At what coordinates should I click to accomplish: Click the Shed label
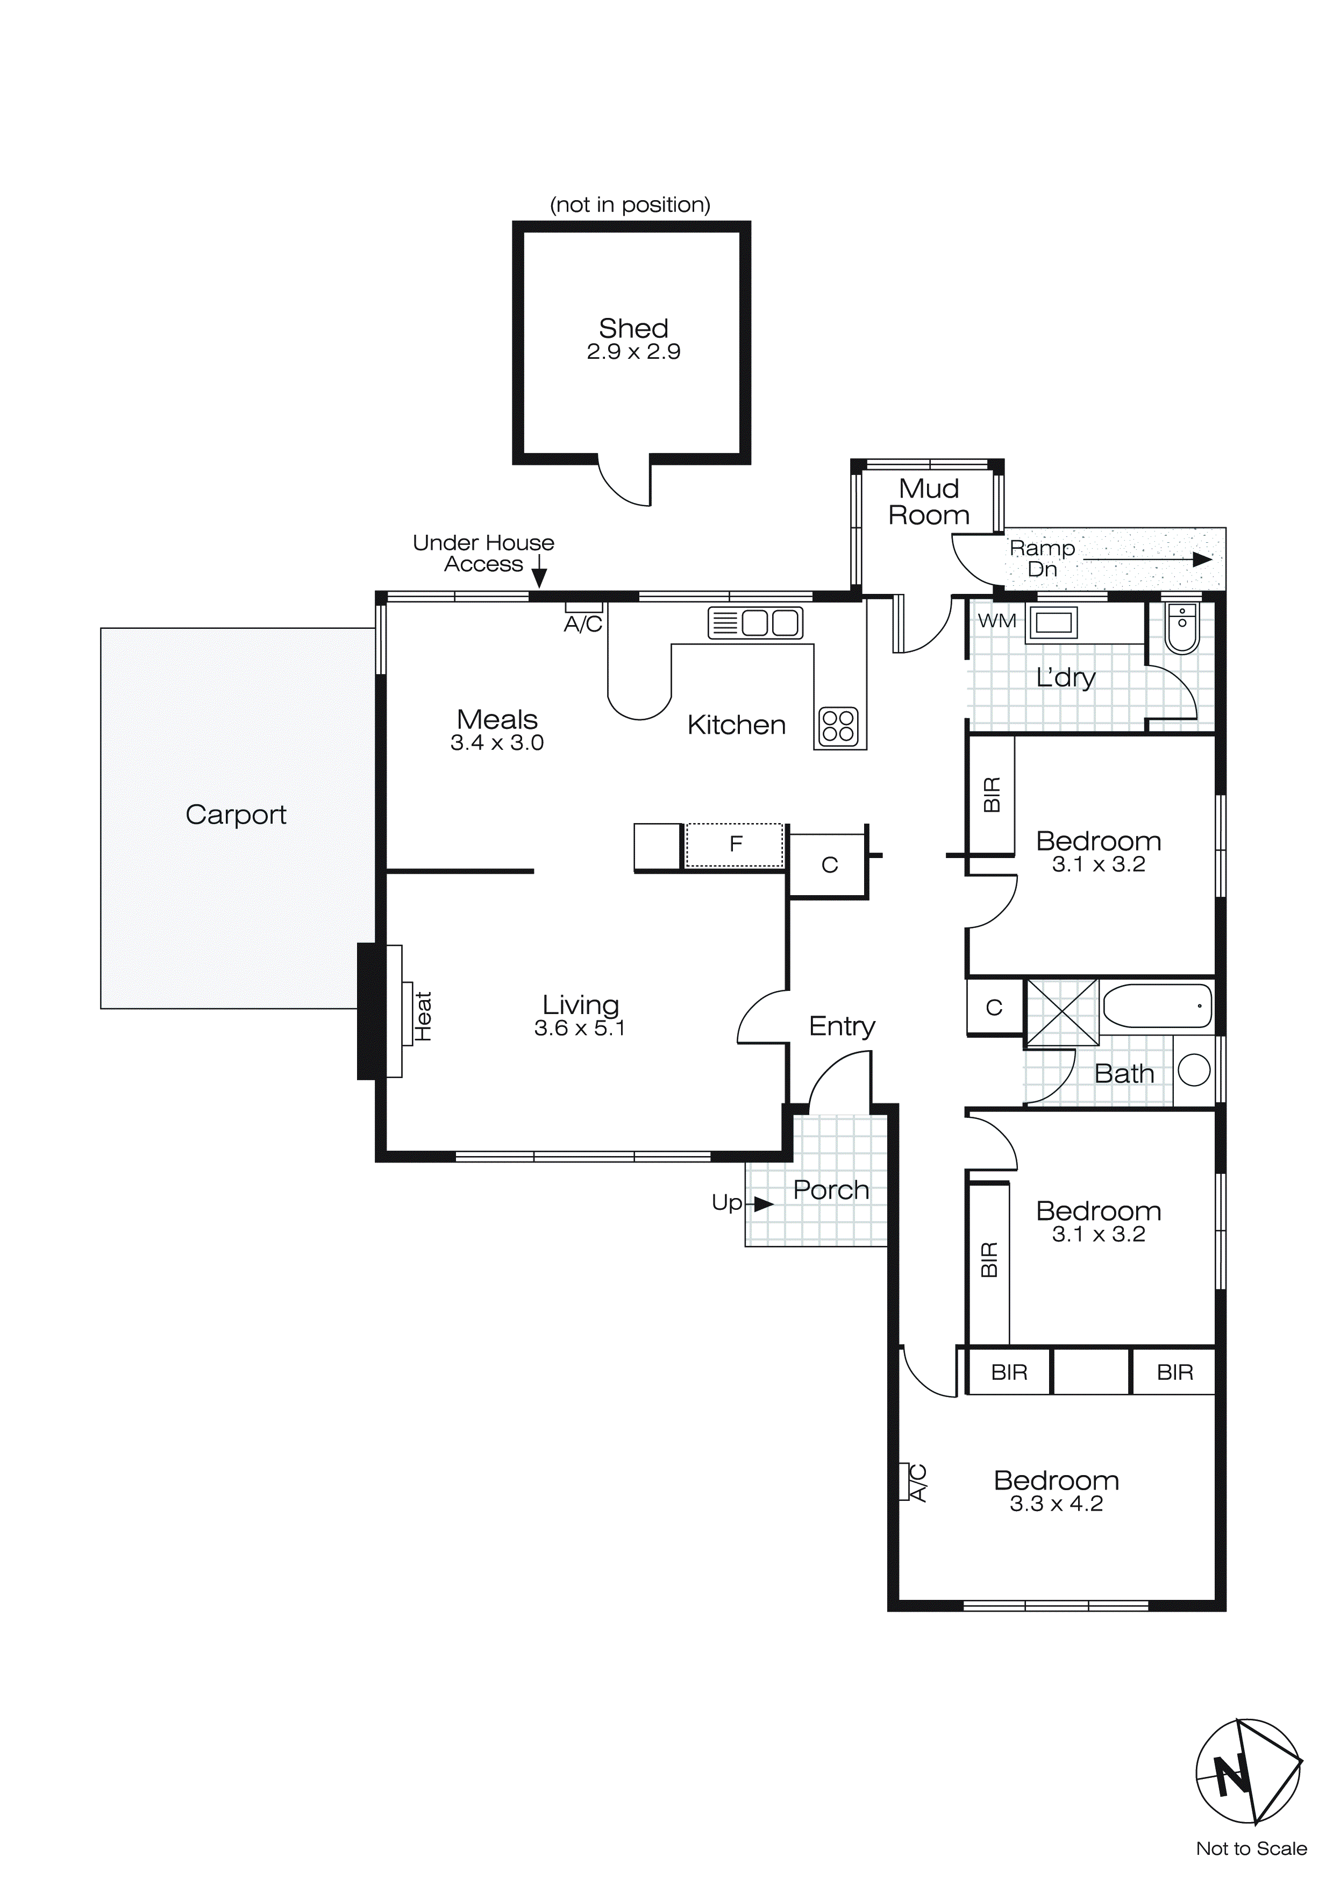coord(633,328)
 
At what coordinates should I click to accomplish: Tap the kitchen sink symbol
coord(755,623)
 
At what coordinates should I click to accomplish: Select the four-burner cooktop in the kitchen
coord(838,726)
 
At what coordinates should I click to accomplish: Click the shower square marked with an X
coord(1062,1011)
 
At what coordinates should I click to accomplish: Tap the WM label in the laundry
coord(996,621)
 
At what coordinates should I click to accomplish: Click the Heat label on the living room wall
coord(423,1016)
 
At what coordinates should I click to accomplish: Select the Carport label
coord(236,814)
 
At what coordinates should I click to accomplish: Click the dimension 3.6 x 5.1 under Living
coord(580,1028)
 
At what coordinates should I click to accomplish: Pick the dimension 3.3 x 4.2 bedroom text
coord(1056,1503)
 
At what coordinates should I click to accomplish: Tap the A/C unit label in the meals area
coord(583,624)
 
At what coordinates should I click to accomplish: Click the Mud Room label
coord(928,501)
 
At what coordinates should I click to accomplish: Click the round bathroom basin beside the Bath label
coord(1193,1070)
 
